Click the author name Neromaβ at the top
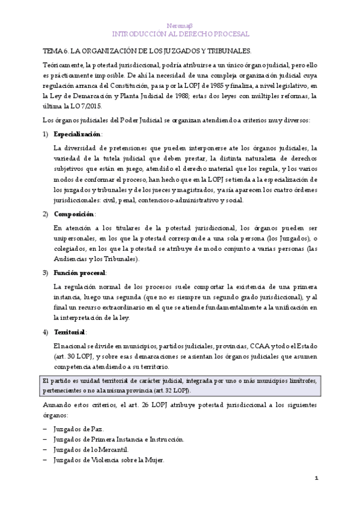[180, 25]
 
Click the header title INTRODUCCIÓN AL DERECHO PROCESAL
[180, 34]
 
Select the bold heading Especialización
[78, 134]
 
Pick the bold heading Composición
[74, 214]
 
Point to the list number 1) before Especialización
[46, 134]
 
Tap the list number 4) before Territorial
[46, 331]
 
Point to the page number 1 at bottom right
[316, 478]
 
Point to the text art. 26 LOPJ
[162, 404]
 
